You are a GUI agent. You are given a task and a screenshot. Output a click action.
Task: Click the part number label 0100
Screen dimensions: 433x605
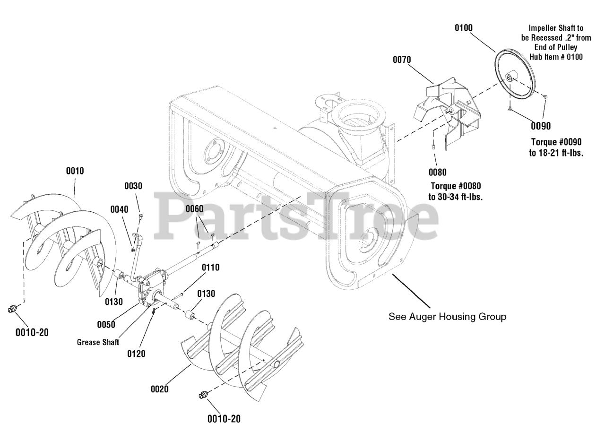[x=463, y=28]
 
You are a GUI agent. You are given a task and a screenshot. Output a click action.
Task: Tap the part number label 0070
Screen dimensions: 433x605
[x=402, y=60]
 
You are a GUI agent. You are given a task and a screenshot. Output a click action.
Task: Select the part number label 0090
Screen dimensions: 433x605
[x=540, y=126]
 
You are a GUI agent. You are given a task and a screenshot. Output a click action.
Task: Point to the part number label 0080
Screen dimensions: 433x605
[x=437, y=172]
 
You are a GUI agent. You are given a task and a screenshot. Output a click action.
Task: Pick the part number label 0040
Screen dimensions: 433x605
[x=120, y=209]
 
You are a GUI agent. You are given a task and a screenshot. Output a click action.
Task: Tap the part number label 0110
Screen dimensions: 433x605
[x=210, y=268]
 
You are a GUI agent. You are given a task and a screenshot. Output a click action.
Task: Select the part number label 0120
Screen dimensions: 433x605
[x=136, y=353]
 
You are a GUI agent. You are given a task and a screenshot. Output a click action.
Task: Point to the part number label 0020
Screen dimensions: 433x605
[x=160, y=389]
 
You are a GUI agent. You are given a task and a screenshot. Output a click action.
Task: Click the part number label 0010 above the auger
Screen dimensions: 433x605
[x=75, y=171]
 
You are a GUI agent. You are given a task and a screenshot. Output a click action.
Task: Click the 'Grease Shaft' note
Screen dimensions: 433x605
[x=98, y=342]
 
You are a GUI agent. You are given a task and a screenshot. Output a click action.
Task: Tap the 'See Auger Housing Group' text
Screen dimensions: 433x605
[x=447, y=316]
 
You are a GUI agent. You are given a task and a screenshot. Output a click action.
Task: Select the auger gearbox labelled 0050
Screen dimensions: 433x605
[x=150, y=288]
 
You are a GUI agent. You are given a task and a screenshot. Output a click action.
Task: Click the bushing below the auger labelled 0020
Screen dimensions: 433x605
[x=204, y=395]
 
